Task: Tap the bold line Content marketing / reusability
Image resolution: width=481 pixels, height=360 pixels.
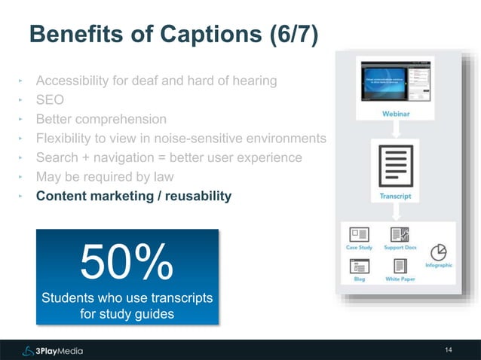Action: [134, 197]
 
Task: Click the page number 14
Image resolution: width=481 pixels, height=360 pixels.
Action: [449, 350]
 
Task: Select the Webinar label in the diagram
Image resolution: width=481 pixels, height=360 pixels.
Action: [397, 114]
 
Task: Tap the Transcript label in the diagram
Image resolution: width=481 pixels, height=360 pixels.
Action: [396, 196]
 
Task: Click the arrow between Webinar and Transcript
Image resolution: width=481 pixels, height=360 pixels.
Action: [395, 129]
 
